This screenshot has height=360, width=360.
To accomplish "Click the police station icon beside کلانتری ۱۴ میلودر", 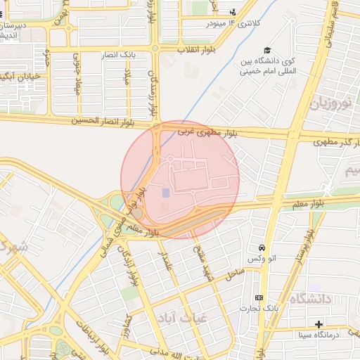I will (233, 11).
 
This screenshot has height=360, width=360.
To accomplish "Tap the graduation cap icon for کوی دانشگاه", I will (267, 50).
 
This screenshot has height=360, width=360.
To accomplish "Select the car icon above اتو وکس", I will (262, 248).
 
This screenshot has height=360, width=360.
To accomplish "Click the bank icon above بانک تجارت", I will (259, 298).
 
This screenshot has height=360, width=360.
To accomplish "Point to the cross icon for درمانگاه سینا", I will (319, 324).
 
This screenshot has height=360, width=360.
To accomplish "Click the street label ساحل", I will (235, 271).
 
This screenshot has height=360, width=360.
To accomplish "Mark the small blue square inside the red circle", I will (166, 193).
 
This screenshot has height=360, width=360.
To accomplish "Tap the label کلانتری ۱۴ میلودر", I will (208, 23).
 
